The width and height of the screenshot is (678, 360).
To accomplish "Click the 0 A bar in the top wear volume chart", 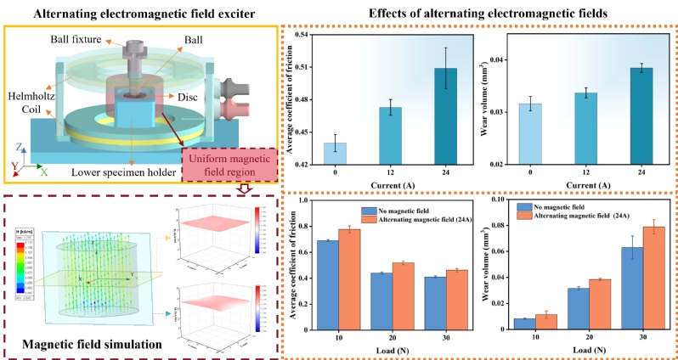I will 530,133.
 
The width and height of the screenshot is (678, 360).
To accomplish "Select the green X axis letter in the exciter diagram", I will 43,172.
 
